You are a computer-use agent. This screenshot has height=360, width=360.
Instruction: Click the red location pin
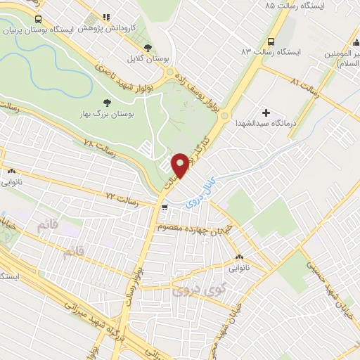(x=180, y=165)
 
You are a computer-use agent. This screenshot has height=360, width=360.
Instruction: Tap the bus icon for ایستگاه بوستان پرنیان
(x=37, y=19)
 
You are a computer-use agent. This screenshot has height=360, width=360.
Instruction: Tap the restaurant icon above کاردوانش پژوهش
(x=105, y=17)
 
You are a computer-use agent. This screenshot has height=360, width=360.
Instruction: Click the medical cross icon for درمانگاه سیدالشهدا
(x=266, y=112)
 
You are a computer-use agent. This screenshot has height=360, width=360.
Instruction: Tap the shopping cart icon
(x=164, y=207)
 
